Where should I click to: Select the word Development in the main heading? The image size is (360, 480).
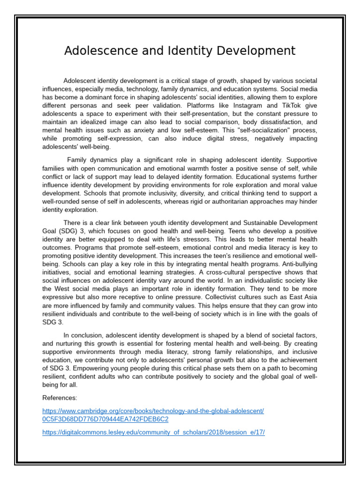coord(254,51)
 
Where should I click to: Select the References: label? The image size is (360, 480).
coord(60,397)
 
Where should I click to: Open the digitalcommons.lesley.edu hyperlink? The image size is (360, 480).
coord(153,432)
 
